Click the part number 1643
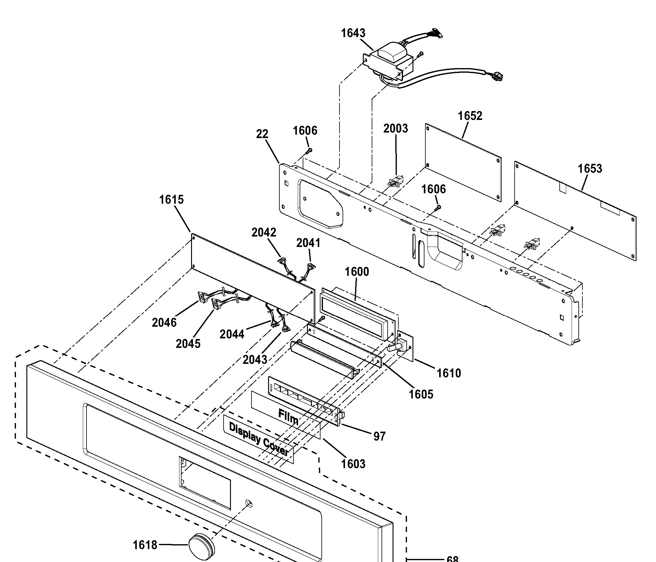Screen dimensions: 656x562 coord(353,33)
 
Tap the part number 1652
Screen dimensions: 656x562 coord(470,116)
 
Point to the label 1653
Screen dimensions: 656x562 coord(590,168)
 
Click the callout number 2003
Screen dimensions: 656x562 coord(396,129)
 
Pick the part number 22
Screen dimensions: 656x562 coord(262,134)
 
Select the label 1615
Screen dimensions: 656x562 coord(171,200)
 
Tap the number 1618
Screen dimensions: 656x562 coord(145,545)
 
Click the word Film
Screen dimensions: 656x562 coord(288,417)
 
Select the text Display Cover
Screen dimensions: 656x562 coord(259,439)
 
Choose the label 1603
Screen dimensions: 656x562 coord(353,464)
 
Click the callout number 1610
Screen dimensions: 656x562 coord(449,374)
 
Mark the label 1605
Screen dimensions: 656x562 coord(421,395)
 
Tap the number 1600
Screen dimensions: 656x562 coord(357,272)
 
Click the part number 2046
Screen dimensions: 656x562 coord(164,323)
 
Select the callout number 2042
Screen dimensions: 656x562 coord(264,233)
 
